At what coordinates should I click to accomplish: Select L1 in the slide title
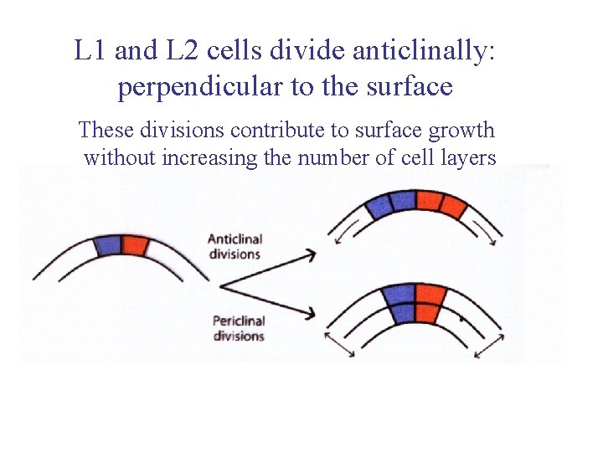(90, 51)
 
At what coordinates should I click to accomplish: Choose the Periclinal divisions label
(239, 327)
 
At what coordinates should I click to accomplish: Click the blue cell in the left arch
(107, 245)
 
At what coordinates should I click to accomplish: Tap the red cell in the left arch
(135, 245)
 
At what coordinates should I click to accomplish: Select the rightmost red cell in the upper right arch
(455, 206)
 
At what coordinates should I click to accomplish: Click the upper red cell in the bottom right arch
(429, 294)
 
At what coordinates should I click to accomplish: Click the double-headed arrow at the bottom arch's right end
(489, 342)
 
